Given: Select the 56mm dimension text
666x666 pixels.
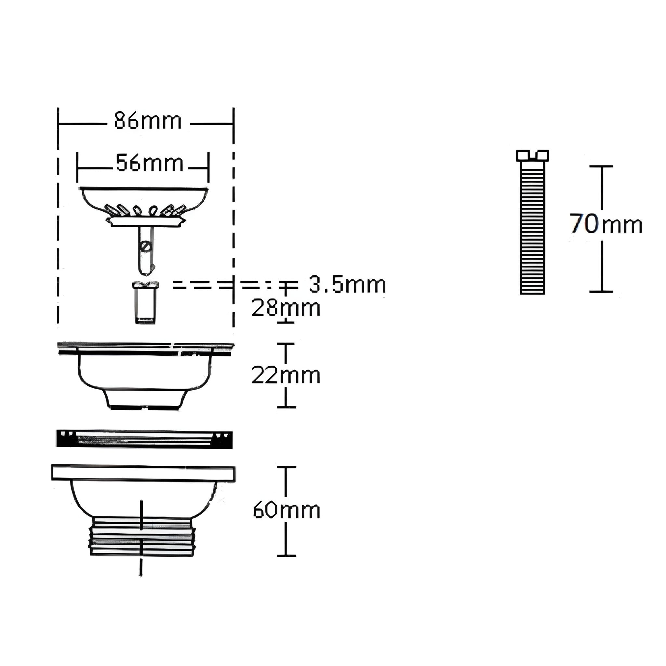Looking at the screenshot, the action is (149, 163).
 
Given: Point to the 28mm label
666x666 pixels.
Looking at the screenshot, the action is (286, 308).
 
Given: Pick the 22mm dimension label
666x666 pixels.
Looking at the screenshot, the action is (286, 375).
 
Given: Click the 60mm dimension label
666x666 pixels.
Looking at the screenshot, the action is (286, 510).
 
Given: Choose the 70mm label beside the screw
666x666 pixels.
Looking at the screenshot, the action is (606, 224).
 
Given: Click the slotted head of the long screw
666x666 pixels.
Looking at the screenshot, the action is (532, 155).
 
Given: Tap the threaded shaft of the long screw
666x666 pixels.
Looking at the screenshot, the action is (532, 228).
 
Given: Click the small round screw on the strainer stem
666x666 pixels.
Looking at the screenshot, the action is (145, 246).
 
